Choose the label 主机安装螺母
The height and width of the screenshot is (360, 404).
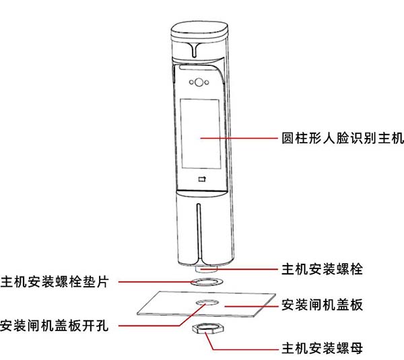pyautogui.click(x=321, y=349)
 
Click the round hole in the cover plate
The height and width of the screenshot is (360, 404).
pyautogui.click(x=203, y=305)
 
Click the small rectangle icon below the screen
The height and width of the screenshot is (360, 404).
pyautogui.click(x=201, y=179)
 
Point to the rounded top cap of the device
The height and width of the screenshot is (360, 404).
pyautogui.click(x=200, y=30)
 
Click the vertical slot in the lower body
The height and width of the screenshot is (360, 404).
pyautogui.click(x=199, y=229)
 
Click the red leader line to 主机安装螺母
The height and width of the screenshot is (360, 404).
pyautogui.click(x=242, y=349)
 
